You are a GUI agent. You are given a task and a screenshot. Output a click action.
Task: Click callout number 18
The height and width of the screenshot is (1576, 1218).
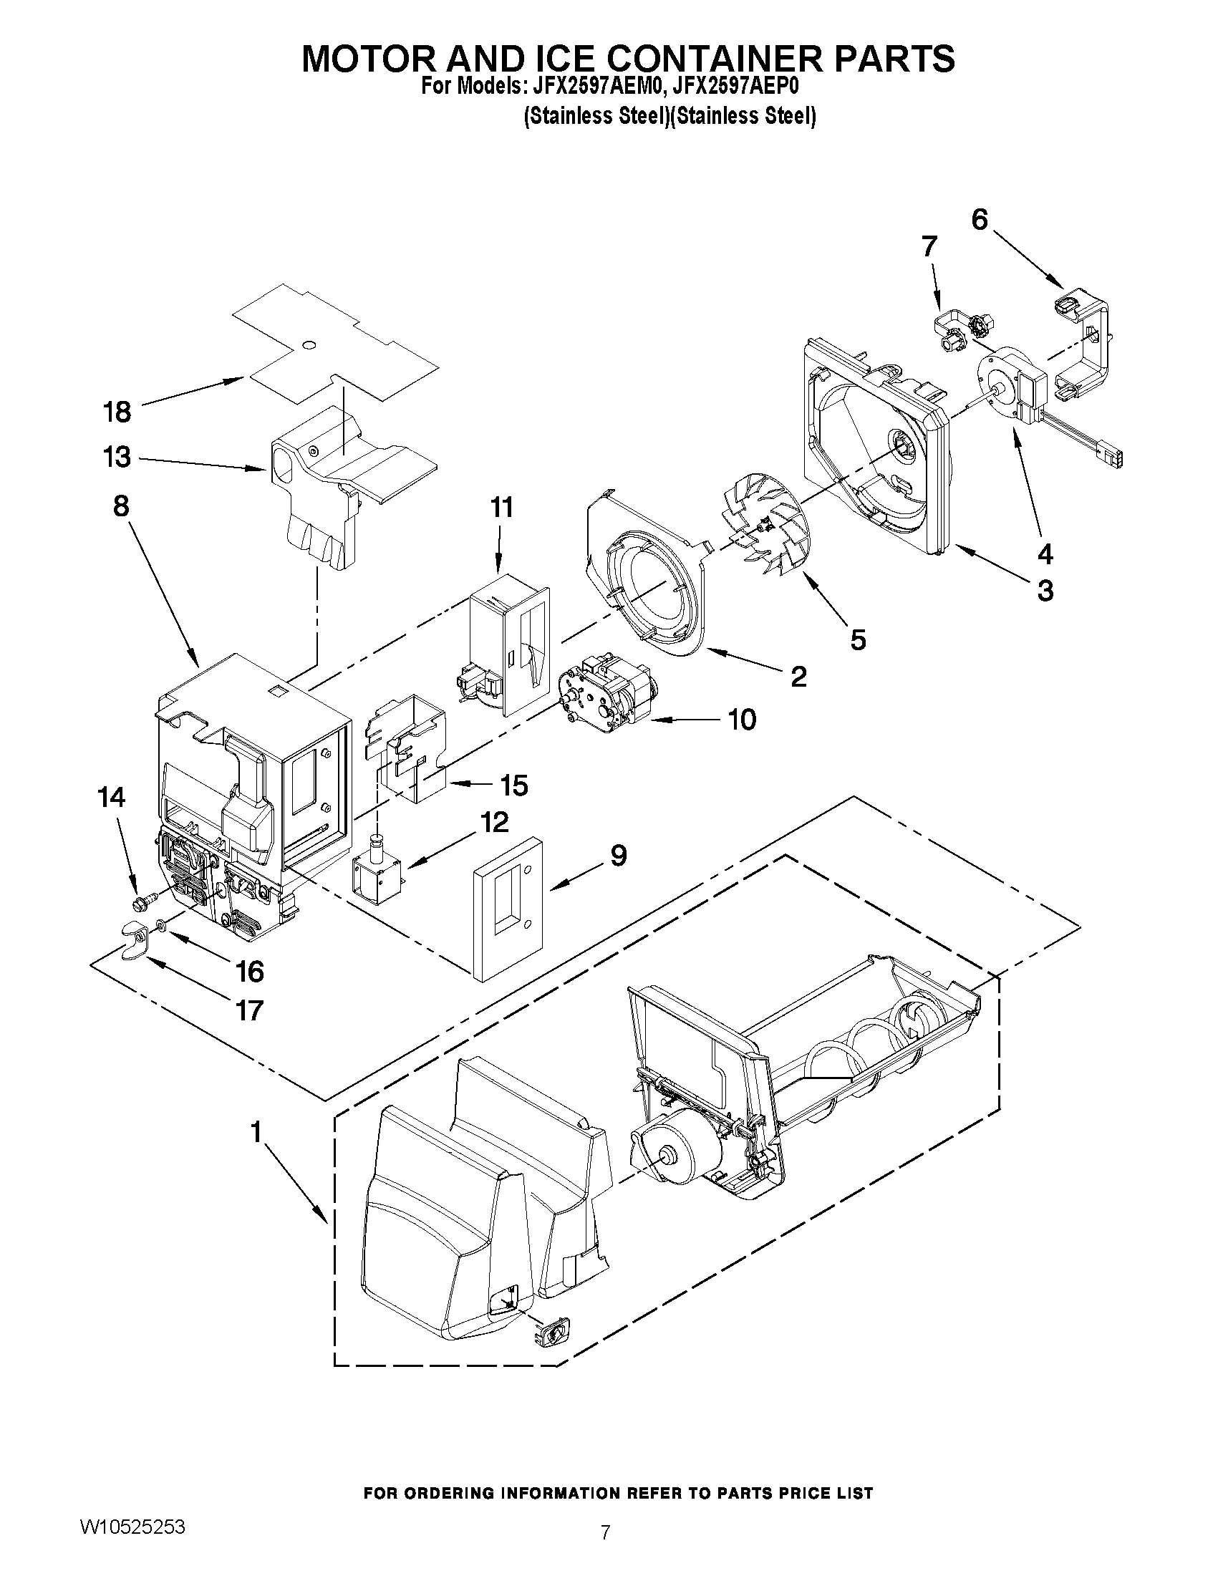117,412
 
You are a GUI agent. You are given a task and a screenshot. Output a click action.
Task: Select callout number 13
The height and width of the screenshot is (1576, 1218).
117,458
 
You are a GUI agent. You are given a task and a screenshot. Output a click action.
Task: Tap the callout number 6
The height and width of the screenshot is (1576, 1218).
979,219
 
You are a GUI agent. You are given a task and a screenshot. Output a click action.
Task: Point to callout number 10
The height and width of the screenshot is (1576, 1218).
741,720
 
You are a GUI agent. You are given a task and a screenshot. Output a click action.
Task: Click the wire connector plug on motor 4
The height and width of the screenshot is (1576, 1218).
1110,458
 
